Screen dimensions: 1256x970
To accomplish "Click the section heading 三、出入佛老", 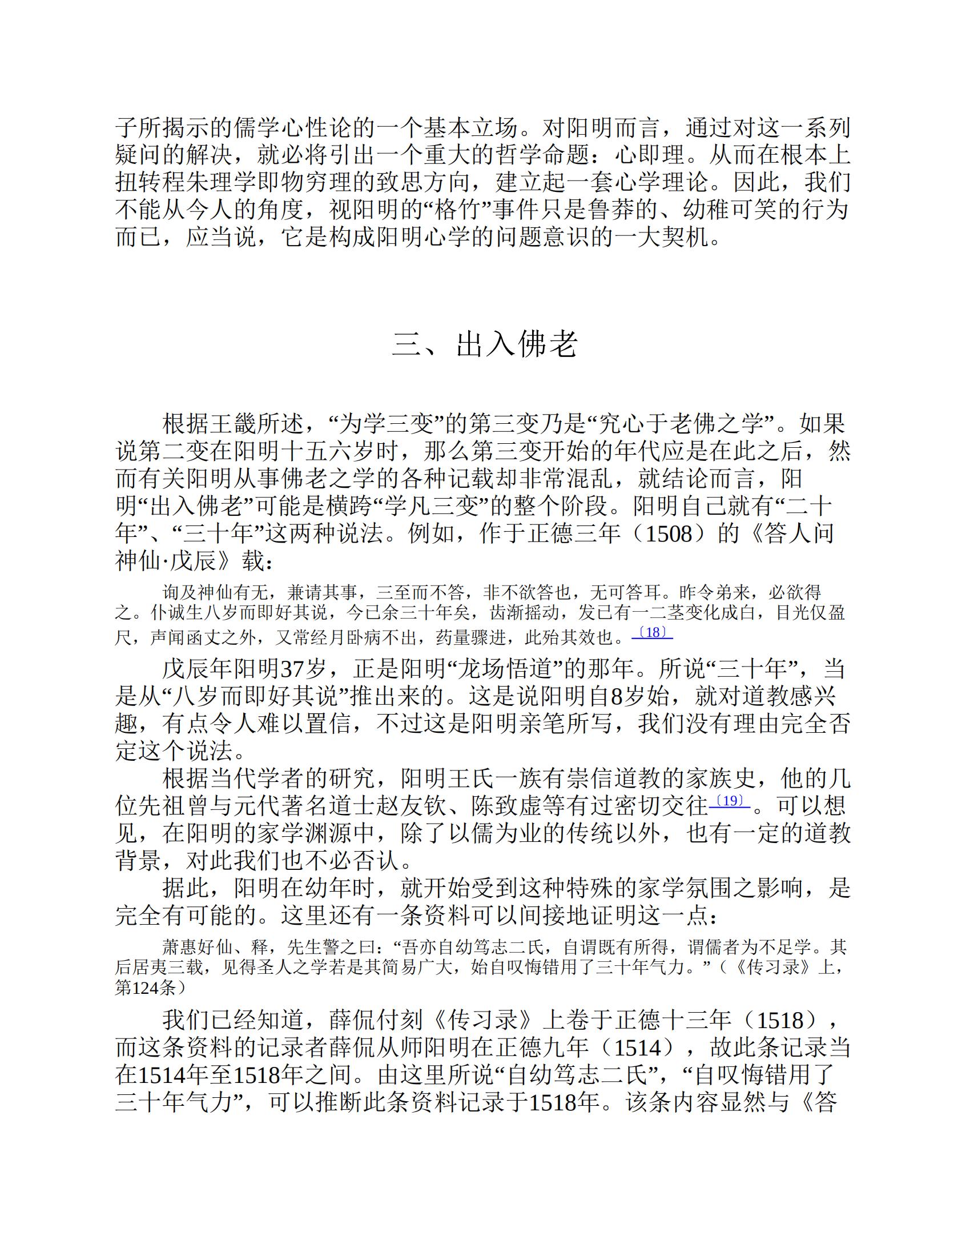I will coord(485,344).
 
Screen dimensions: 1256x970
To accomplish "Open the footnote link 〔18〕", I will coord(652,633).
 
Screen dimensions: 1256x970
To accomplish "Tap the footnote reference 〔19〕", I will coord(729,801).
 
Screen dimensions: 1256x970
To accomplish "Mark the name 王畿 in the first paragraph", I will coord(234,424).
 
